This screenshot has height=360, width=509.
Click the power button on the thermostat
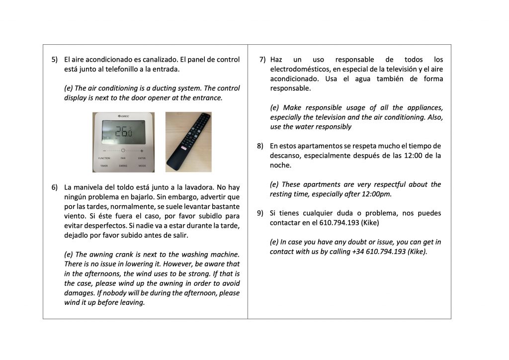tap(123, 150)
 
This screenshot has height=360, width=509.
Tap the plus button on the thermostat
tap(142, 150)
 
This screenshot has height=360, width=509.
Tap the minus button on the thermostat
tap(104, 150)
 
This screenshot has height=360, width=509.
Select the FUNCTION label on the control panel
tap(104, 158)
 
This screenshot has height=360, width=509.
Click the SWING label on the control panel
tap(123, 166)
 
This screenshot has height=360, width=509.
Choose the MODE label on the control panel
tap(142, 166)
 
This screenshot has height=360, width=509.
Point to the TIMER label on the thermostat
tap(104, 166)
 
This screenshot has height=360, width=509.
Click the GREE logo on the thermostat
tap(123, 116)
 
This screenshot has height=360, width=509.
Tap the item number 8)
tap(260, 146)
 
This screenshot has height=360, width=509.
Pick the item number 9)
tap(260, 213)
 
